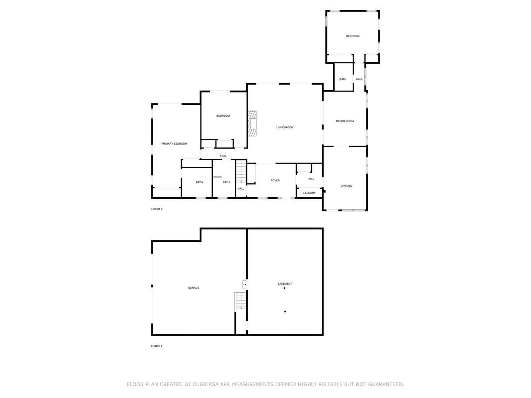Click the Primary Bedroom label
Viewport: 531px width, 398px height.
pos(174,144)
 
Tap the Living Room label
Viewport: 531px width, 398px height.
pos(285,127)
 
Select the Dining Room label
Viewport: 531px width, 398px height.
pos(345,121)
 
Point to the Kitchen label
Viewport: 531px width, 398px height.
pos(346,187)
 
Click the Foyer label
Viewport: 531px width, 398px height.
pos(276,180)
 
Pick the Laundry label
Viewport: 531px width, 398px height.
pos(309,193)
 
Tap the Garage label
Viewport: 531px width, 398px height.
pos(193,288)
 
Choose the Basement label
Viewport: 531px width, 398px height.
pos(285,284)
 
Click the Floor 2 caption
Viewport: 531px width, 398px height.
pos(157,209)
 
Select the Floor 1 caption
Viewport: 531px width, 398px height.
pos(157,346)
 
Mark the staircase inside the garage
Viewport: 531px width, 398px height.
pos(239,301)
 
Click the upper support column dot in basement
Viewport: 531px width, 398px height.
pos(285,288)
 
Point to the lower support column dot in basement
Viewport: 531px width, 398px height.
pos(285,312)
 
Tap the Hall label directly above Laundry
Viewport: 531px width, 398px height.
pos(311,179)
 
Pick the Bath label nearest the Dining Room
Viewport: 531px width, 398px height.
pos(343,79)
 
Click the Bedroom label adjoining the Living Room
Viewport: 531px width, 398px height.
pos(223,116)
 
